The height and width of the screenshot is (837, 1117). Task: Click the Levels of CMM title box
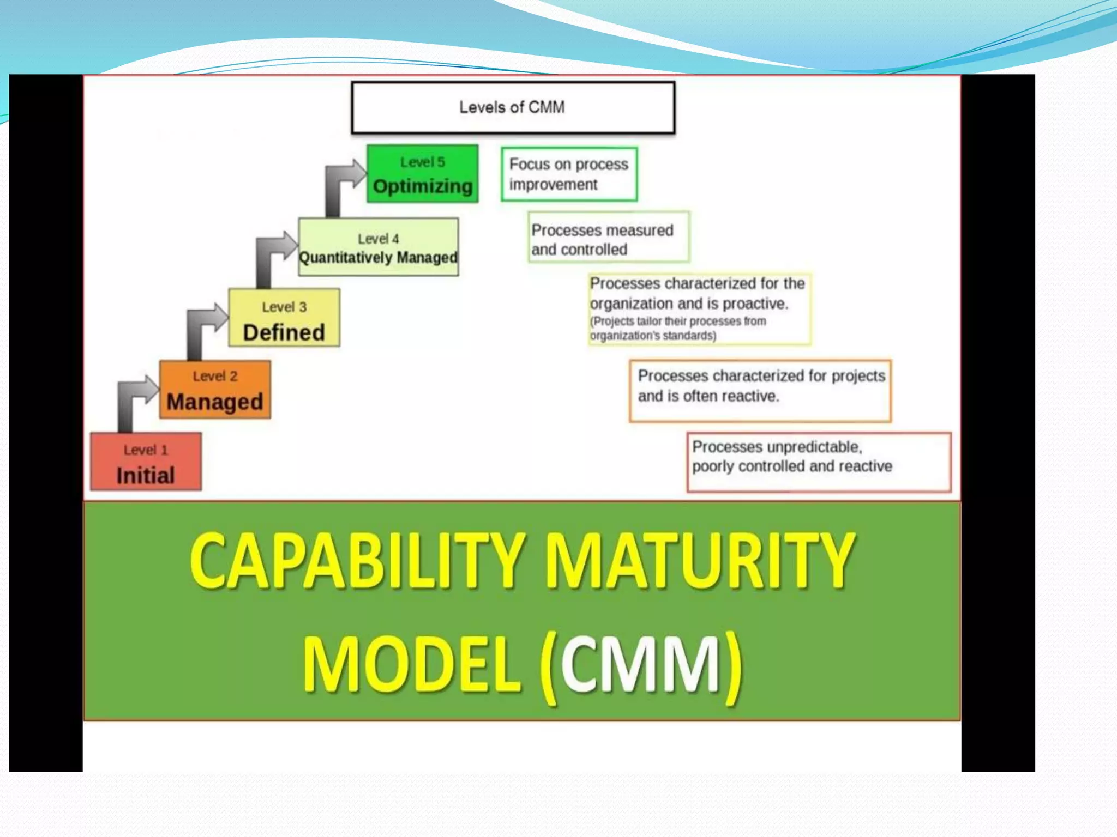pos(513,107)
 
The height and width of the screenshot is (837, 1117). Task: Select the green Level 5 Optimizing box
pos(422,173)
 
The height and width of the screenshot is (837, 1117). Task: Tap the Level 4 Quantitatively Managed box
pos(378,247)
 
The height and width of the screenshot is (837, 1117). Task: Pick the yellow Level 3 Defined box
pos(284,318)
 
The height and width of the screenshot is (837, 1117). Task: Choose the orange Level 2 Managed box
pos(215,389)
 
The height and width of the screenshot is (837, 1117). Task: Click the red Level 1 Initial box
pos(146,462)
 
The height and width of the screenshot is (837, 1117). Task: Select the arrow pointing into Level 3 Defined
pos(201,327)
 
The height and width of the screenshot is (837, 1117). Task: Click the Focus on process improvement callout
pos(569,174)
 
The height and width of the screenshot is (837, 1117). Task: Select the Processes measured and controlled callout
pos(608,238)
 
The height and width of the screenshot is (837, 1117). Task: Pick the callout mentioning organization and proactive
pos(699,309)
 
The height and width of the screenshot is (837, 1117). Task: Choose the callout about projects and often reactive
pos(760,390)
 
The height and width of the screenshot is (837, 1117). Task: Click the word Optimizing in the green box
pos(422,186)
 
